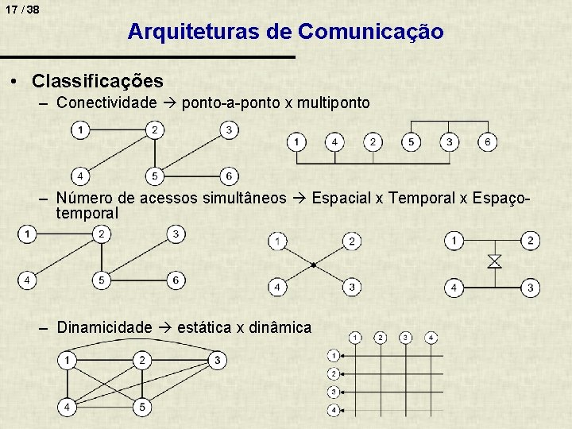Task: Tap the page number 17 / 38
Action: (21, 10)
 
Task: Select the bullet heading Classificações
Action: (98, 81)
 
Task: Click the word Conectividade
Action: (107, 103)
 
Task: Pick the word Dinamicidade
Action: (104, 327)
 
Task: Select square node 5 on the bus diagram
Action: (411, 142)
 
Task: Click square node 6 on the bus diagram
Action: (488, 142)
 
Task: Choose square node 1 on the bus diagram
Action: (296, 142)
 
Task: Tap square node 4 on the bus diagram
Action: (334, 142)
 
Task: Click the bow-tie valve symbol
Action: (493, 261)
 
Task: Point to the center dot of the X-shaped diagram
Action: (314, 264)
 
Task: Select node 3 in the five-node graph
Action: (216, 361)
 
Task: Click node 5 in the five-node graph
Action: (141, 406)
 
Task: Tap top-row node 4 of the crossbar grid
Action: (430, 338)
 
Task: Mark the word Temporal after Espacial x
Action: (422, 198)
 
